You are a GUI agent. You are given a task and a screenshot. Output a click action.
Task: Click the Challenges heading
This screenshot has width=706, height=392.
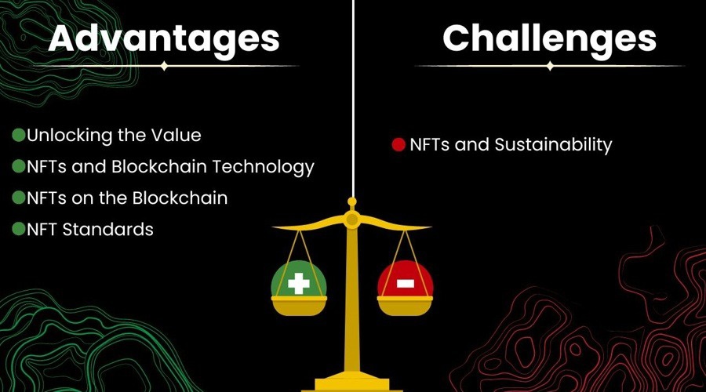click(x=549, y=38)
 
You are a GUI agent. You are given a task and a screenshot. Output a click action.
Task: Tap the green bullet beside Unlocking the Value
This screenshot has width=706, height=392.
click(x=18, y=135)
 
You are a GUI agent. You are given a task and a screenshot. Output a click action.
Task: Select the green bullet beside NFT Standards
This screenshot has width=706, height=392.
click(x=18, y=229)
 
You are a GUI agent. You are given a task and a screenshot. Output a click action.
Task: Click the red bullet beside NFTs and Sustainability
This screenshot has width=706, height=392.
click(x=398, y=145)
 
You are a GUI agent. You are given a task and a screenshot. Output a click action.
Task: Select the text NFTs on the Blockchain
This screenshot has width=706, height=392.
click(x=127, y=198)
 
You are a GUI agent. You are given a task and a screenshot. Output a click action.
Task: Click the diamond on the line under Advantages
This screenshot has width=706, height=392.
click(x=163, y=67)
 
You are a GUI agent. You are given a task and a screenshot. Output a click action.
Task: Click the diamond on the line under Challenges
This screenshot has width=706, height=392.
click(x=550, y=67)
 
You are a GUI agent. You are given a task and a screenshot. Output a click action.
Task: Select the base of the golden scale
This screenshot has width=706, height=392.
click(x=352, y=383)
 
